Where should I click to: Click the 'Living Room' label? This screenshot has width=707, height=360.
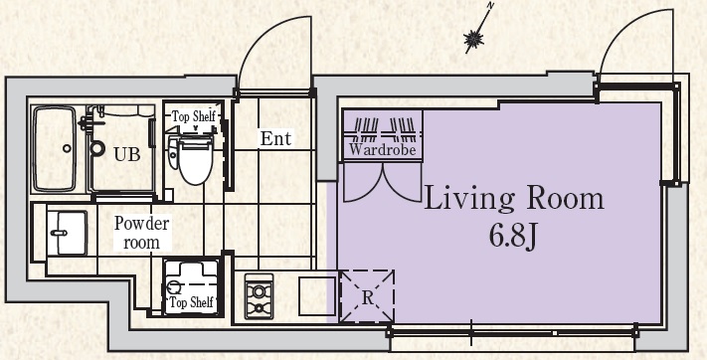click(513, 199)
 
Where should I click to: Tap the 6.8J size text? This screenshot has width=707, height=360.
click(513, 236)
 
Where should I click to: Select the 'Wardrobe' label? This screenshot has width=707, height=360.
click(383, 149)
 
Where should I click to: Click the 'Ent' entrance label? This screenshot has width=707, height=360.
click(276, 138)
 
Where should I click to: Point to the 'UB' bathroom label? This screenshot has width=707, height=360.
click(126, 154)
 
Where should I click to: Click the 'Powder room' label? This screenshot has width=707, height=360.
click(141, 233)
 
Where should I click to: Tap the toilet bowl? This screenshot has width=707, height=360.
click(195, 160)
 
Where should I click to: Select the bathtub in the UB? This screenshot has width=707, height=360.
click(55, 148)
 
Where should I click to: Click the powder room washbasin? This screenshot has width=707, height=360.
click(67, 233)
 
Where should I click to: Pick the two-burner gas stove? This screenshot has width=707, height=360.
click(259, 296)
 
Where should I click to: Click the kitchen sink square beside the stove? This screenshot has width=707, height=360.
click(317, 296)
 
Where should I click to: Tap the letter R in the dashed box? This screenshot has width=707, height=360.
click(368, 297)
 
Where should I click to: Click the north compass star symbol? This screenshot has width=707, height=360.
click(474, 40)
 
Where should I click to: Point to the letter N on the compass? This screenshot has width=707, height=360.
click(491, 6)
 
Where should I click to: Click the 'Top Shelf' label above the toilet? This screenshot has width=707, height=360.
click(194, 116)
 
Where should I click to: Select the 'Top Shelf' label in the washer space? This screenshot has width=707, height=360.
click(191, 302)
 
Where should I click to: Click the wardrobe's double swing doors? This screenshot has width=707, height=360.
click(383, 183)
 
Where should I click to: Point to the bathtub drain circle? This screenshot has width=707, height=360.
click(67, 148)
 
